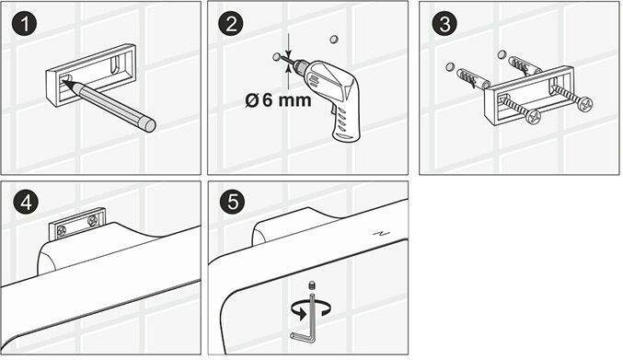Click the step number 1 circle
pyautogui.click(x=25, y=24)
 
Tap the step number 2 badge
pyautogui.click(x=231, y=24)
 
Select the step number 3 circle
pyautogui.click(x=444, y=24)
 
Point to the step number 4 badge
pyautogui.click(x=26, y=203)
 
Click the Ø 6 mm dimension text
pyautogui.click(x=278, y=99)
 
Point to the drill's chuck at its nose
pyautogui.click(x=299, y=64)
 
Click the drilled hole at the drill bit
pyautogui.click(x=277, y=57)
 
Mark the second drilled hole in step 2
pyautogui.click(x=334, y=39)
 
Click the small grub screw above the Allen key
pyautogui.click(x=312, y=285)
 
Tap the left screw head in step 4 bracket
pyautogui.click(x=62, y=230)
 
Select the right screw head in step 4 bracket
pyautogui.click(x=93, y=221)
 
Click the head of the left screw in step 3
pyautogui.click(x=533, y=117)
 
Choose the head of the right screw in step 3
pyautogui.click(x=585, y=105)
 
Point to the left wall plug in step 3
pyautogui.click(x=470, y=79)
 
